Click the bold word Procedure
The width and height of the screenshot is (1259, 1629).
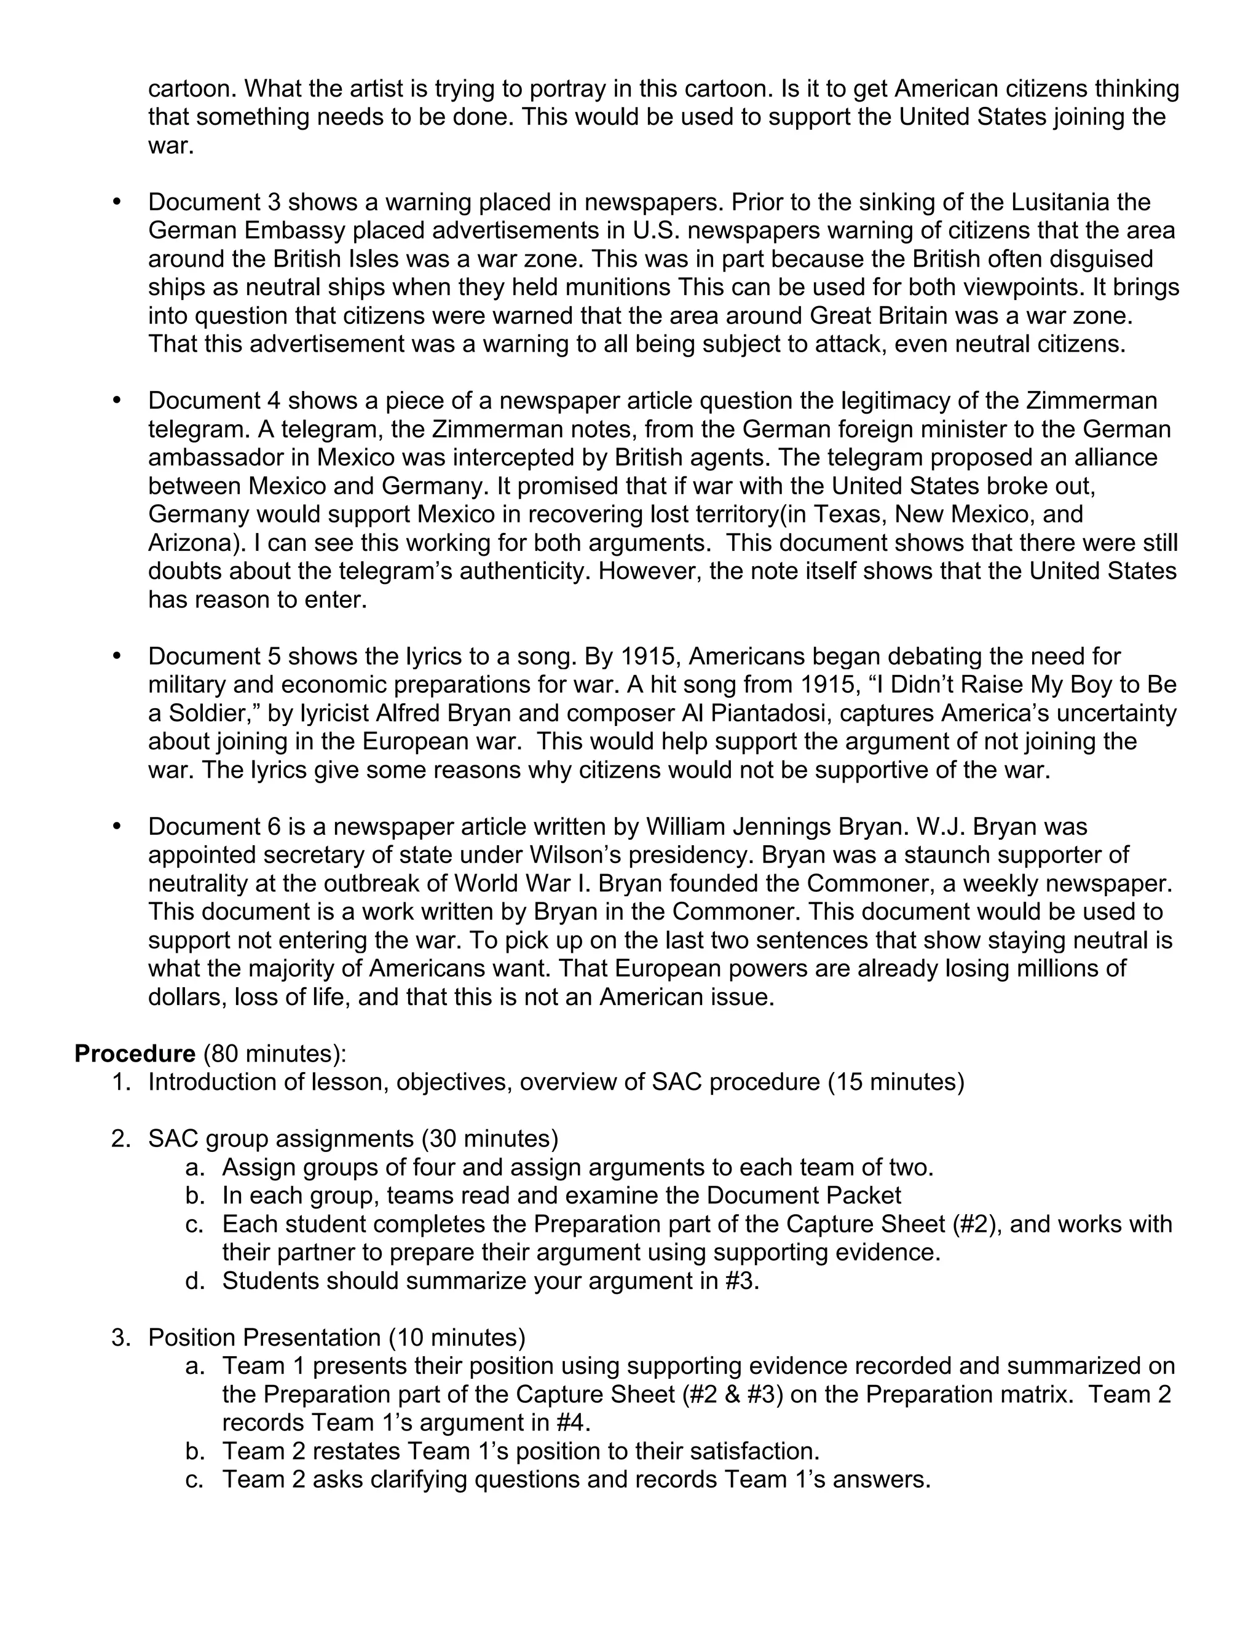134,1054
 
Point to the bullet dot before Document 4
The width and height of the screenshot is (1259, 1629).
116,401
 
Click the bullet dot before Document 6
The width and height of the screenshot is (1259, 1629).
116,826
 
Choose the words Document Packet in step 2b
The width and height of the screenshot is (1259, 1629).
803,1196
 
